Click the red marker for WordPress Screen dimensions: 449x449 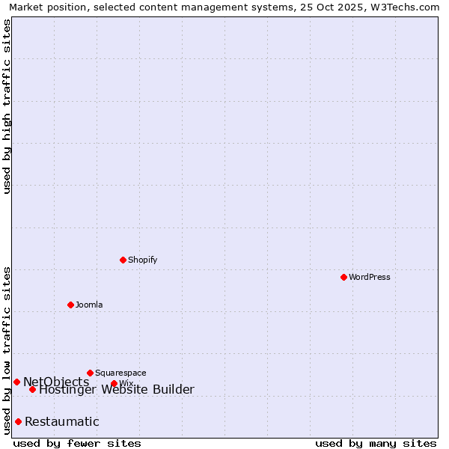[343, 277]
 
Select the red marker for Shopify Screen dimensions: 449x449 [123, 260]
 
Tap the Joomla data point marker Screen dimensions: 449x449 [70, 305]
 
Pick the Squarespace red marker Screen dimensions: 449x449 [90, 373]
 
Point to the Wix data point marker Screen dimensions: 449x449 [114, 384]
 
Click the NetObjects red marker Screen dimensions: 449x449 [16, 382]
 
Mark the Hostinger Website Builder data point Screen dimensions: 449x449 [32, 389]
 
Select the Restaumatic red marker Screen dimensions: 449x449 [18, 421]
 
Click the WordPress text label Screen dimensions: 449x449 [370, 277]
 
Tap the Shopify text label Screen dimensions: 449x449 [143, 260]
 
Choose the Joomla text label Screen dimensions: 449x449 [89, 305]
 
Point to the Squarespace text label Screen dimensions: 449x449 [120, 373]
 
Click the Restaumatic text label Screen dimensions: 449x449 [62, 421]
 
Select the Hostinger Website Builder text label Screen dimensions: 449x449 [117, 389]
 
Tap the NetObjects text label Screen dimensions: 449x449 [56, 382]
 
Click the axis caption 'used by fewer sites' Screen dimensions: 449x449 [77, 443]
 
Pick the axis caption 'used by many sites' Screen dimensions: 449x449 [376, 443]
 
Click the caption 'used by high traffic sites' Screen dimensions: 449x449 [7, 106]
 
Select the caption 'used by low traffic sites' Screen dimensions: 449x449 [7, 350]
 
